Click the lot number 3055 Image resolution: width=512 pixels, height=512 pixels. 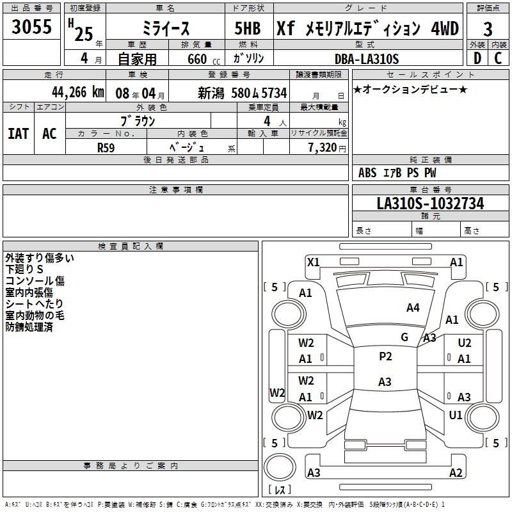pyautogui.click(x=31, y=27)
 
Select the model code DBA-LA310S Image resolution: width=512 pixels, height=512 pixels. pyautogui.click(x=367, y=59)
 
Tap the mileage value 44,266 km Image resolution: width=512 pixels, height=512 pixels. pyautogui.click(x=67, y=92)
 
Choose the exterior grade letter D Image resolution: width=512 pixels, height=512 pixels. pyautogui.click(x=476, y=59)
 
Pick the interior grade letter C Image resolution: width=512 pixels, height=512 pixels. pyautogui.click(x=498, y=59)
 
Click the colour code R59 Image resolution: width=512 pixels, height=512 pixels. pyautogui.click(x=106, y=148)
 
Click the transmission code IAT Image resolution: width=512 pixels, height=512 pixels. pyautogui.click(x=18, y=134)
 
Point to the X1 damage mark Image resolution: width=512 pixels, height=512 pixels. pyautogui.click(x=314, y=262)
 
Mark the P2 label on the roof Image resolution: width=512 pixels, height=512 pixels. pyautogui.click(x=385, y=356)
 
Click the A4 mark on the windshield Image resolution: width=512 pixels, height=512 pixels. pyautogui.click(x=413, y=308)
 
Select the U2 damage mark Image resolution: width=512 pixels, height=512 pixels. pyautogui.click(x=465, y=343)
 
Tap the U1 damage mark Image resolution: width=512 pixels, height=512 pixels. pyautogui.click(x=456, y=415)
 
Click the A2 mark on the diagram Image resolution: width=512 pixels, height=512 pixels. pyautogui.click(x=456, y=473)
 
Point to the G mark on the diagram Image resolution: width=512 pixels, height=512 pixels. pyautogui.click(x=404, y=337)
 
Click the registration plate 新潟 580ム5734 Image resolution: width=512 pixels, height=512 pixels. pyautogui.click(x=243, y=92)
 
